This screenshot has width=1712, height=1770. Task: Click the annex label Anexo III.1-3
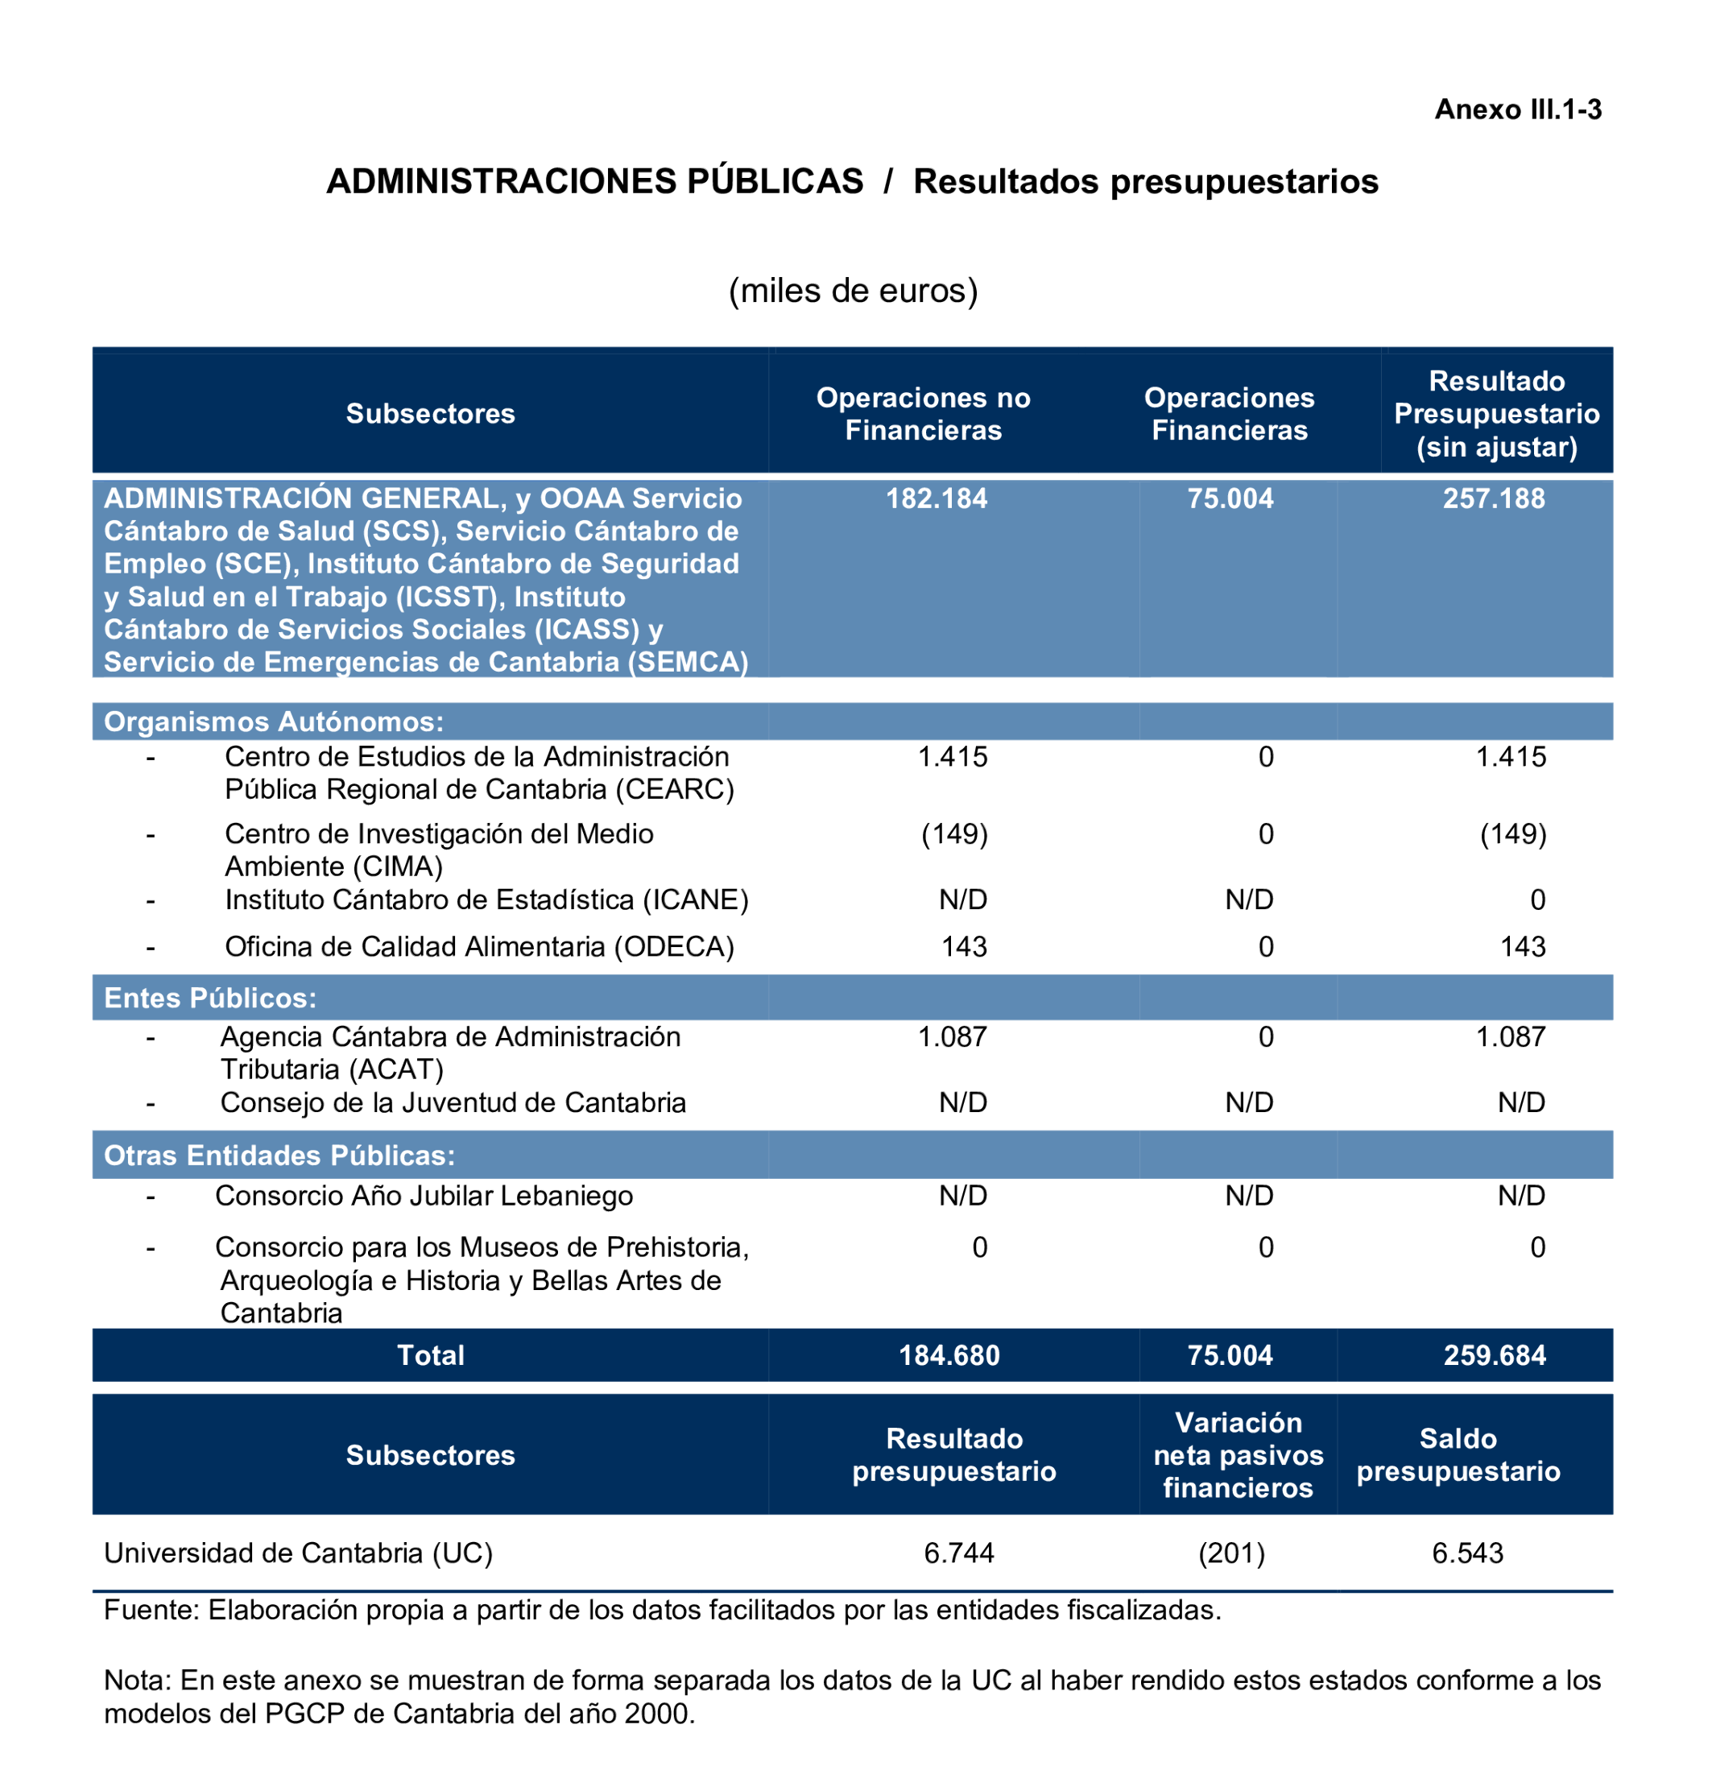(x=1517, y=110)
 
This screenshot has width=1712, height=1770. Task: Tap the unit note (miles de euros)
(x=854, y=291)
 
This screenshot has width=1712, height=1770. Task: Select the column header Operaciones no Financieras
(x=923, y=414)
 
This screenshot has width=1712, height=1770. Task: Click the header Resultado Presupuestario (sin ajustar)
(x=1496, y=414)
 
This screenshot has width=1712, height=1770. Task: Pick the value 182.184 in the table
(x=937, y=498)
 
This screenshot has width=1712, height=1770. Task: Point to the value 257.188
(x=1494, y=498)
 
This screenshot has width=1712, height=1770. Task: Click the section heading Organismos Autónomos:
(x=274, y=722)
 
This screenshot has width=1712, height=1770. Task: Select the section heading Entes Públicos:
(x=210, y=998)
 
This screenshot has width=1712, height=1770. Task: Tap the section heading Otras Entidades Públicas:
(x=279, y=1155)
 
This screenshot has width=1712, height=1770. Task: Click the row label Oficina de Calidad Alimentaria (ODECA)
(x=479, y=946)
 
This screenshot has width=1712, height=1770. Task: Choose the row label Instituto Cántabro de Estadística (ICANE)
(x=486, y=899)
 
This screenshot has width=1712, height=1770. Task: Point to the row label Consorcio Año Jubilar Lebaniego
(x=424, y=1196)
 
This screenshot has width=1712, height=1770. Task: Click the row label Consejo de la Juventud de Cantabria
(x=453, y=1102)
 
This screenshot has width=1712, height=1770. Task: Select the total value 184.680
(x=949, y=1355)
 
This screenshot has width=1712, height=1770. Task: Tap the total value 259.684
(x=1495, y=1355)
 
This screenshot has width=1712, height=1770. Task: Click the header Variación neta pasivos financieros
(x=1238, y=1455)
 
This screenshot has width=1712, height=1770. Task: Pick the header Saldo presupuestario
(x=1458, y=1455)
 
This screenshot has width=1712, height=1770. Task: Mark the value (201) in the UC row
(x=1231, y=1553)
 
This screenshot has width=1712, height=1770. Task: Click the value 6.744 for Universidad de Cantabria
(x=959, y=1553)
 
